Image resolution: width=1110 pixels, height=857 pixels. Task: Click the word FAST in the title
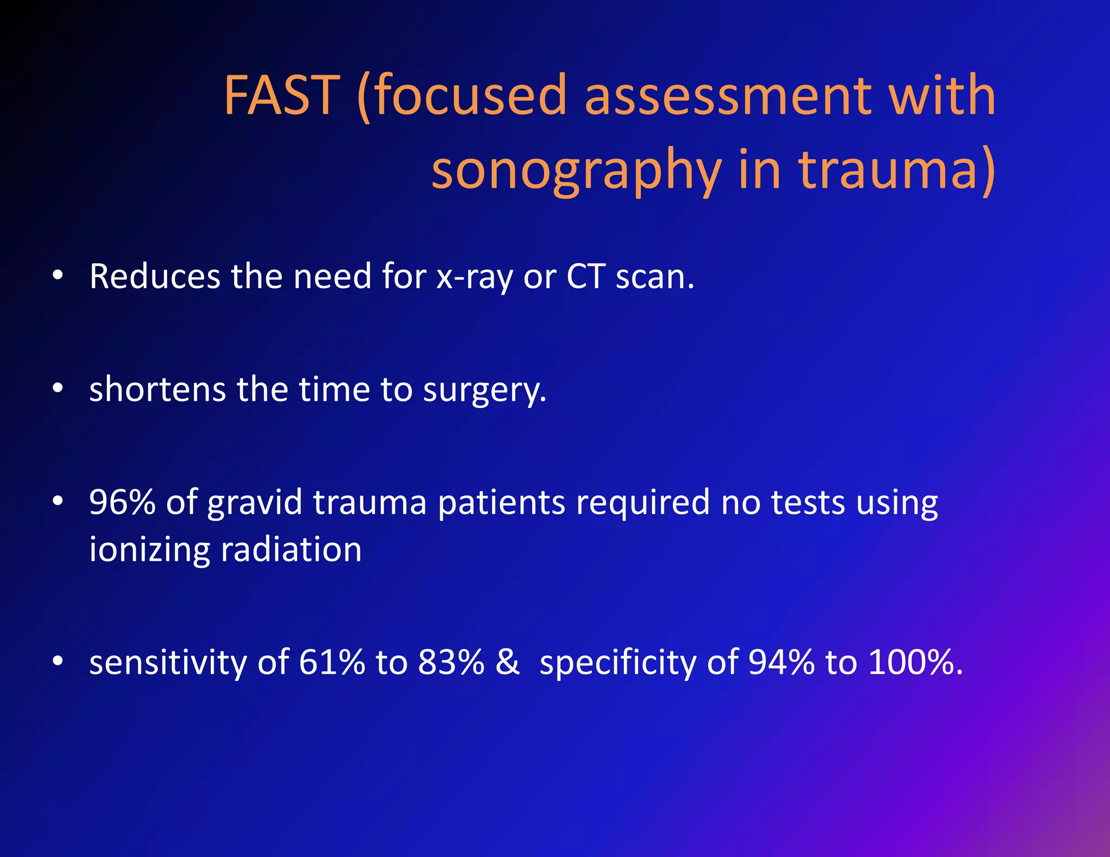282,96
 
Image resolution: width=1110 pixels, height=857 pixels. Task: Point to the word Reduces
154,276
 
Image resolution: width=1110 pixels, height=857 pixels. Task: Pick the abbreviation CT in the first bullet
585,276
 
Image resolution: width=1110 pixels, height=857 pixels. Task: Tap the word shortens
157,389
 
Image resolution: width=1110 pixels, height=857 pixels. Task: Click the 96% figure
122,502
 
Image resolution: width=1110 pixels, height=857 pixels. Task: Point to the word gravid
255,503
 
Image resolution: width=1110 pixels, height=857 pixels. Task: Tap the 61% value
332,662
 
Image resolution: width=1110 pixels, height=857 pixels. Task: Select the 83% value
451,662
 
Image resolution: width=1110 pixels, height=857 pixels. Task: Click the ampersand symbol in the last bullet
507,662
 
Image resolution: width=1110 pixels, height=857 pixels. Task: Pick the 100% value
915,662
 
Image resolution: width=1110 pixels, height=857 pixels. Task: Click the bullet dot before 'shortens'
59,388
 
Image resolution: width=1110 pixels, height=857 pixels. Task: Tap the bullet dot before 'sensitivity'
59,661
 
